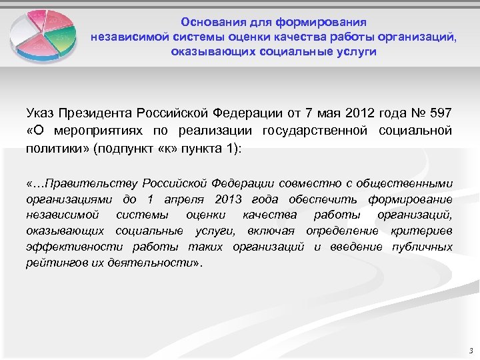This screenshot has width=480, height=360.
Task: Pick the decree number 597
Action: [440, 111]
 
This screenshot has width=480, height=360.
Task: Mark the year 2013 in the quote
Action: [230, 200]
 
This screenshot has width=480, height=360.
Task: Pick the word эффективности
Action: [67, 247]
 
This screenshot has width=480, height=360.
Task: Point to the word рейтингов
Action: [55, 263]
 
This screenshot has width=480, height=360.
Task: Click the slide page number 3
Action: [470, 350]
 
